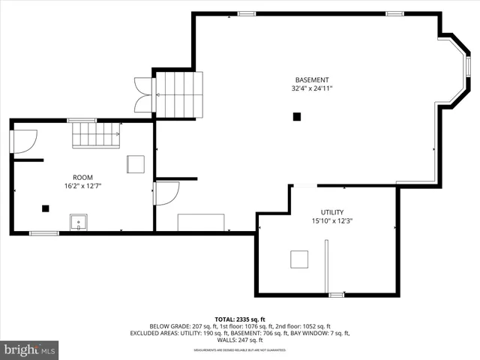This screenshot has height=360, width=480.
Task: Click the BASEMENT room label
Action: pos(311,79)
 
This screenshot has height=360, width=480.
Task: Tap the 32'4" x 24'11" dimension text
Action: pos(311,88)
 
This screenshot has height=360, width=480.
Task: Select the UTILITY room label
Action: pos(332,212)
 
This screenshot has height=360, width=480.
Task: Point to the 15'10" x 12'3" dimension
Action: pos(332,221)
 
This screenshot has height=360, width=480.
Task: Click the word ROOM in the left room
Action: pos(82,177)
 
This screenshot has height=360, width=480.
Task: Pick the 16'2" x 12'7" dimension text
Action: pos(82,186)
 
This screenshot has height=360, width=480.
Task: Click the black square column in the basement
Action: pos(297,116)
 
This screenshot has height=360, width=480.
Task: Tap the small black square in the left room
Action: pos(46,208)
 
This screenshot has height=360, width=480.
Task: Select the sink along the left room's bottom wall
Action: pos(79,222)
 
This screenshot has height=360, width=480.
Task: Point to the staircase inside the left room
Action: pos(95,136)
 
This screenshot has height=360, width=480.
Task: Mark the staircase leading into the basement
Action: pos(178,95)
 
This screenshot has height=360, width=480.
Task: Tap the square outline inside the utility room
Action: pos(299,259)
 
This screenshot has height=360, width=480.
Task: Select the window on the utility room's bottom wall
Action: pos(337,295)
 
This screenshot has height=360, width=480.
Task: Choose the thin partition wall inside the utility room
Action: pos(326,266)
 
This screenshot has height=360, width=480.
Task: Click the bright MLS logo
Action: pos(30,349)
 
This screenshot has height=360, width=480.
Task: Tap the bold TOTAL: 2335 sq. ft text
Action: pos(240,319)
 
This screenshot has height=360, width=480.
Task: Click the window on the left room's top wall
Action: pos(81,120)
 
